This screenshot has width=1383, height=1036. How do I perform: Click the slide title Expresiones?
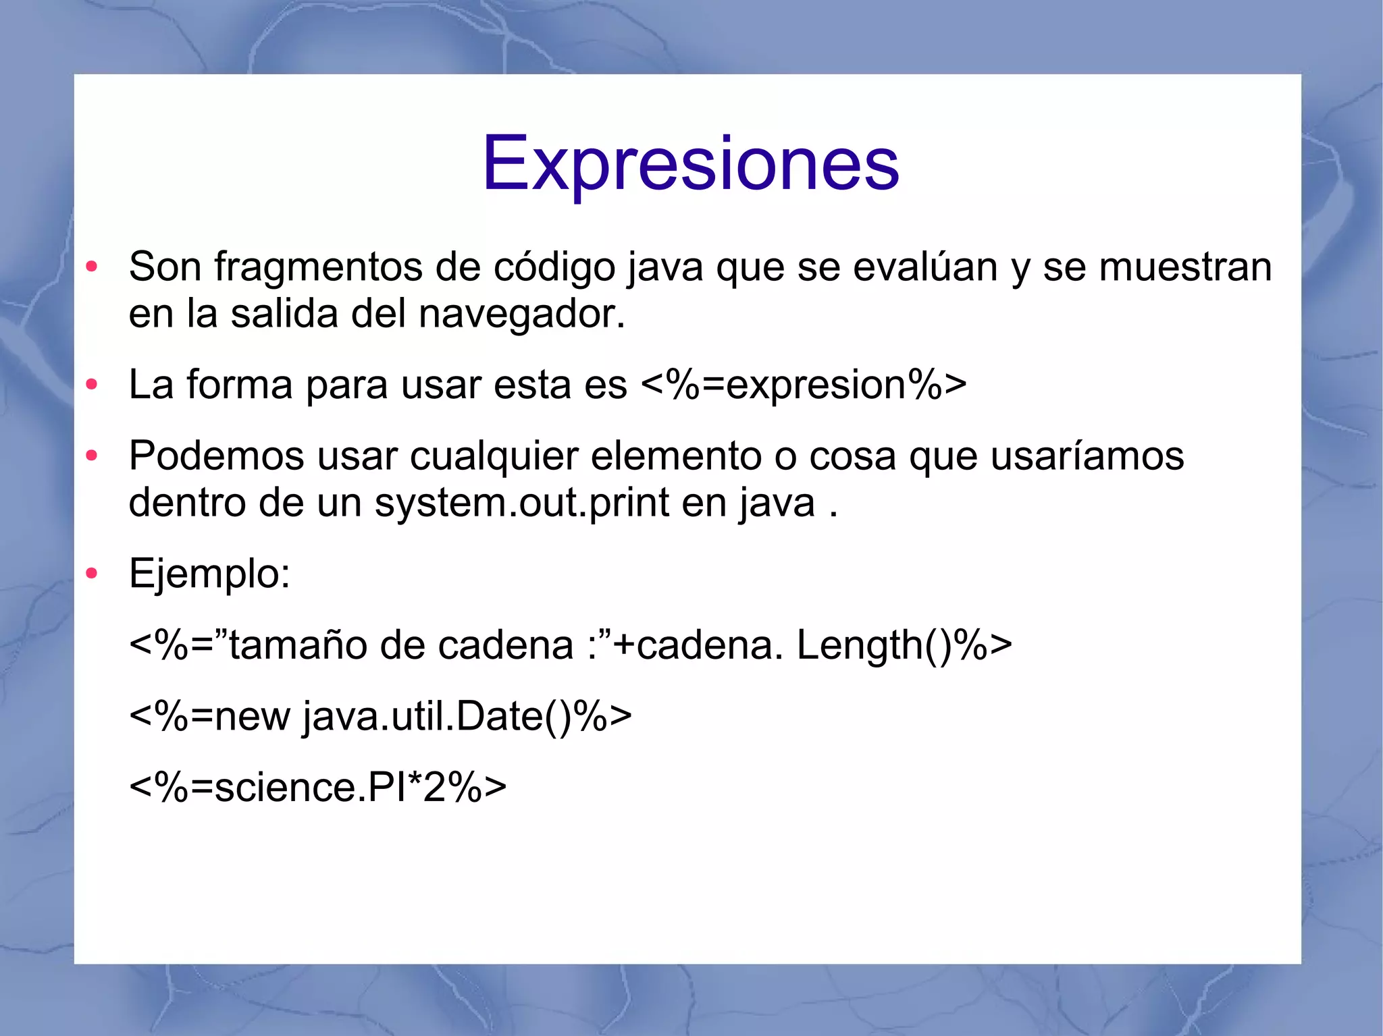click(690, 164)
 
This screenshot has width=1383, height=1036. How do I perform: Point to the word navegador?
click(521, 315)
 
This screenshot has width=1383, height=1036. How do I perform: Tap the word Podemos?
click(216, 456)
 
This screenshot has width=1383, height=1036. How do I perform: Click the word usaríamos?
click(1087, 456)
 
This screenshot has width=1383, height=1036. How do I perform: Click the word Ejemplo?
click(209, 574)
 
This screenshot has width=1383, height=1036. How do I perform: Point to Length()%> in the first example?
click(904, 645)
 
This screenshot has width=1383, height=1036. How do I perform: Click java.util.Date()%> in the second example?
click(466, 716)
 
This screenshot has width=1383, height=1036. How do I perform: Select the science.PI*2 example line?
click(317, 787)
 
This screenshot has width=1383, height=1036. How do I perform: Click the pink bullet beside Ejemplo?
click(92, 574)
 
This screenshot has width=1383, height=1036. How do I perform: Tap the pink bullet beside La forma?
click(92, 385)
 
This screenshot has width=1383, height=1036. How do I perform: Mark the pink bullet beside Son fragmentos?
click(92, 267)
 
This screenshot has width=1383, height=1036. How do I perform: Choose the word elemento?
click(676, 456)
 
